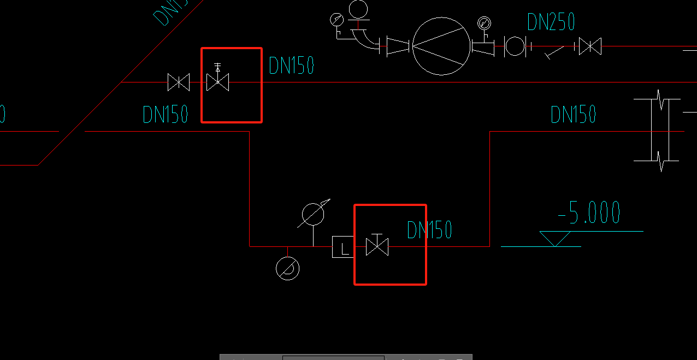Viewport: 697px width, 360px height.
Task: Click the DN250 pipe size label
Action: pyautogui.click(x=551, y=22)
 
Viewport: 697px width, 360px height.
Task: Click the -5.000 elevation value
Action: pyautogui.click(x=589, y=213)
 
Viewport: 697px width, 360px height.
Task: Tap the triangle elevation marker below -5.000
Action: pyautogui.click(x=554, y=238)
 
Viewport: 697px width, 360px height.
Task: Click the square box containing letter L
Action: pyautogui.click(x=343, y=247)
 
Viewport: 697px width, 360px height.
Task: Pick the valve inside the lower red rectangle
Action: pyautogui.click(x=377, y=246)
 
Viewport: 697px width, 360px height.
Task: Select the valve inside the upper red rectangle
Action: pyautogui.click(x=217, y=82)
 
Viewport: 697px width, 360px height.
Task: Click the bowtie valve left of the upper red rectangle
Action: pyautogui.click(x=178, y=82)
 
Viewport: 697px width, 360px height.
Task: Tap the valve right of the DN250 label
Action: pyautogui.click(x=590, y=46)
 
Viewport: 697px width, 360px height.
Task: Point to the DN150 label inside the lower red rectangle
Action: pyautogui.click(x=429, y=231)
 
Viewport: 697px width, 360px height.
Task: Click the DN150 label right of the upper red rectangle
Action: pyautogui.click(x=292, y=66)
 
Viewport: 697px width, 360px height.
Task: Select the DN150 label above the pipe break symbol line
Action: pyautogui.click(x=573, y=115)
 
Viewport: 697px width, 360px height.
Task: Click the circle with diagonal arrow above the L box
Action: pyautogui.click(x=313, y=214)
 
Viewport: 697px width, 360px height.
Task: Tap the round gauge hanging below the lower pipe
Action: pyautogui.click(x=288, y=268)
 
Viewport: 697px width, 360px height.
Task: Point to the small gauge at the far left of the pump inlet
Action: pyautogui.click(x=336, y=20)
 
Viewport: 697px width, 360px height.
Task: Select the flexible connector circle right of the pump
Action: pyautogui.click(x=515, y=46)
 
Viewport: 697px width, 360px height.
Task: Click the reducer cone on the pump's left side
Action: pyautogui.click(x=398, y=46)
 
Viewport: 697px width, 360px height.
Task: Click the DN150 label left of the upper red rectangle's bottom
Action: pyautogui.click(x=165, y=115)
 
